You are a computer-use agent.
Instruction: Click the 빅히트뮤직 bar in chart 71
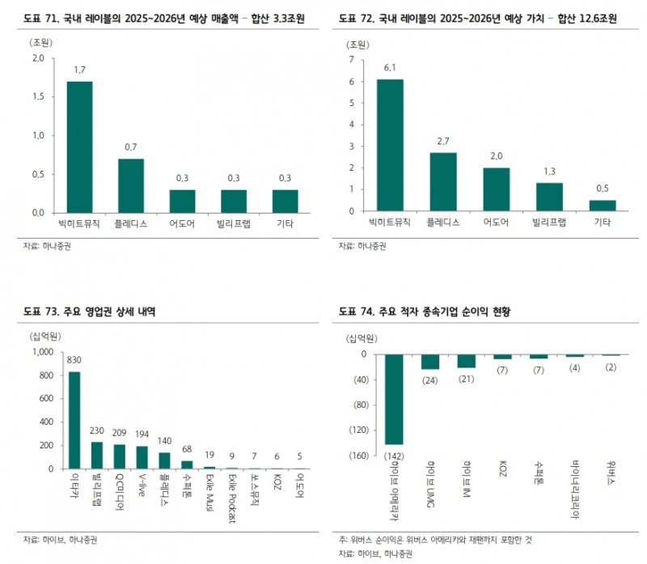79,146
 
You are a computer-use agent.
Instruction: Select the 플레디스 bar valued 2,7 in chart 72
442,182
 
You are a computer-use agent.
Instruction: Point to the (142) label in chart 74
394,455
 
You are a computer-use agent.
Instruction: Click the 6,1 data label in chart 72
390,68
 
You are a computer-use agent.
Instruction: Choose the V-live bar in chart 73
141,457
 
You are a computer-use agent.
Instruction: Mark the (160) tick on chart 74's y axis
357,456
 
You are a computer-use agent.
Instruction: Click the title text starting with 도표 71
153,16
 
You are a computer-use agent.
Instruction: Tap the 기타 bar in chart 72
602,206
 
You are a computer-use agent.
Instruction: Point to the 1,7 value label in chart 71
79,70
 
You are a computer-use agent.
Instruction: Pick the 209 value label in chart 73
119,433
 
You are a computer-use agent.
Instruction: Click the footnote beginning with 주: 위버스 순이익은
437,539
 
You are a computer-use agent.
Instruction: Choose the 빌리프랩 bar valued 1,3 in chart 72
549,197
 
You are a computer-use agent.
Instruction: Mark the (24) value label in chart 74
429,380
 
